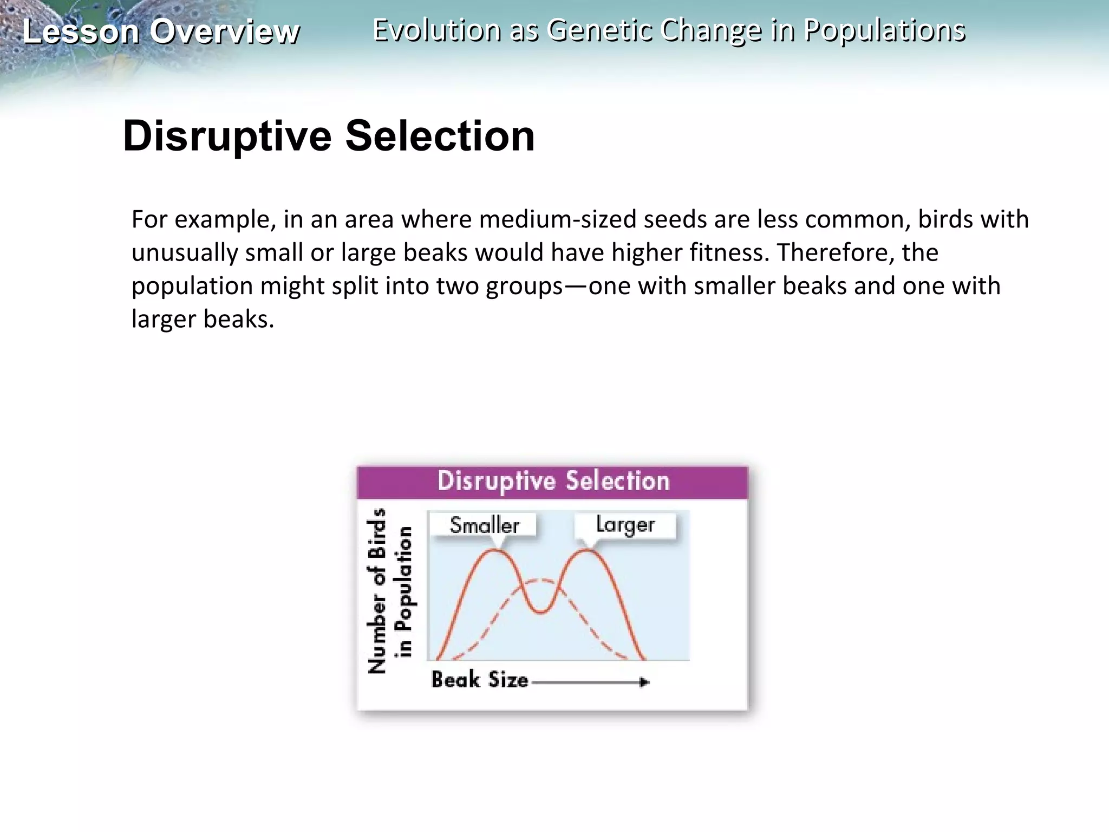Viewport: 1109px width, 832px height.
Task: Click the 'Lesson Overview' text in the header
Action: pyautogui.click(x=161, y=31)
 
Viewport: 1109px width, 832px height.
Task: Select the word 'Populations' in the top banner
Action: pyautogui.click(x=884, y=30)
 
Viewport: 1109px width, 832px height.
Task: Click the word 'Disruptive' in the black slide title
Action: pyautogui.click(x=227, y=136)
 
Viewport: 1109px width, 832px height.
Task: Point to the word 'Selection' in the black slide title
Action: pyautogui.click(x=440, y=136)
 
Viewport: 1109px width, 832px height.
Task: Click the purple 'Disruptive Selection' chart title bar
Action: pyautogui.click(x=552, y=482)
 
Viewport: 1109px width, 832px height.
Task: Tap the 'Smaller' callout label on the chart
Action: pyautogui.click(x=484, y=525)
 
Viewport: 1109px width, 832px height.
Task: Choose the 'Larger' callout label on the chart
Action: pyautogui.click(x=625, y=525)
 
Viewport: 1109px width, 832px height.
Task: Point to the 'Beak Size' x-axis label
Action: pyautogui.click(x=479, y=680)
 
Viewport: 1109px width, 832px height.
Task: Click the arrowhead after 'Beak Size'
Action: pyautogui.click(x=644, y=682)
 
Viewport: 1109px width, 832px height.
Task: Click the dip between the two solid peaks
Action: pyautogui.click(x=540, y=612)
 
